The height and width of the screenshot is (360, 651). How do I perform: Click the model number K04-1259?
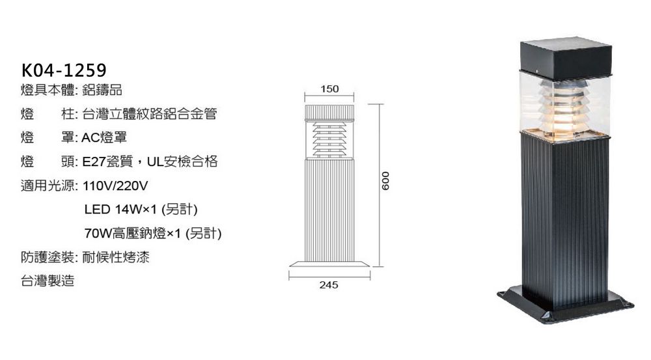click(64, 70)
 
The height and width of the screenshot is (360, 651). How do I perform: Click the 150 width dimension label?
click(329, 89)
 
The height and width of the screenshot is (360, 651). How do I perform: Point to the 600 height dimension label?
click(385, 180)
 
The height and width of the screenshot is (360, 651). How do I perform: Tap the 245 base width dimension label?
click(329, 285)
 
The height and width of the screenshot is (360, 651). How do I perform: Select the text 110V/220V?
click(115, 186)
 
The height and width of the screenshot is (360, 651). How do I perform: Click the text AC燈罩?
click(104, 137)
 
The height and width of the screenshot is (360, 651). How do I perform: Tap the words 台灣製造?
click(48, 281)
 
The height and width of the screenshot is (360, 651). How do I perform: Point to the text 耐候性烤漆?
click(116, 257)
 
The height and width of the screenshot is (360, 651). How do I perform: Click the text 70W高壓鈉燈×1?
click(133, 233)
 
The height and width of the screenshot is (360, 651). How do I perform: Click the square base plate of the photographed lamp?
click(566, 305)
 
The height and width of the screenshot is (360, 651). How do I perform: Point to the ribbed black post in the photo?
click(566, 220)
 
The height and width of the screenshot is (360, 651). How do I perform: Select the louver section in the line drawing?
click(329, 139)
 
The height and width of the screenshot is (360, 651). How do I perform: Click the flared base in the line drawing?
click(329, 264)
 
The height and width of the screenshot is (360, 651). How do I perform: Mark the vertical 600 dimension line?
click(380, 185)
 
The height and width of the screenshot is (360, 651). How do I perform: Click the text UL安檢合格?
click(182, 161)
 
